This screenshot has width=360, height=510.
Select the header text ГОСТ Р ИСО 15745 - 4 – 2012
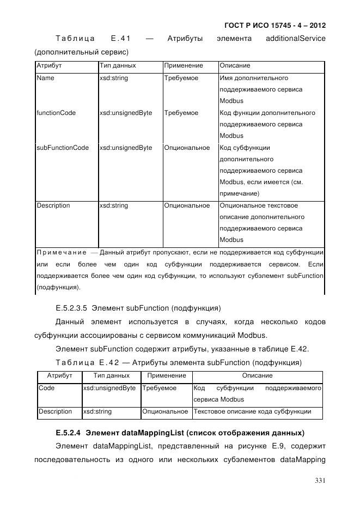[x=275, y=26]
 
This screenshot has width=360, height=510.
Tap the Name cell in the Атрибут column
[x=45, y=78]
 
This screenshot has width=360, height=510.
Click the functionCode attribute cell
[x=56, y=113]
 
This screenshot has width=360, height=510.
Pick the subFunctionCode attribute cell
[x=63, y=148]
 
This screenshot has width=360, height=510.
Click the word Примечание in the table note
[x=61, y=252]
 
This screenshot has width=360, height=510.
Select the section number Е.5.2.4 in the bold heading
[x=68, y=434]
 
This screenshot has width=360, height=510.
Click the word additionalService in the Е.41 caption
[x=295, y=39]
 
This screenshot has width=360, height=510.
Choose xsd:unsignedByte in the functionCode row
[x=126, y=113]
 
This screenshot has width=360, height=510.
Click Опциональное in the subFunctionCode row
[x=187, y=148]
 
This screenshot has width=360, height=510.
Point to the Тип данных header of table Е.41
[x=118, y=65]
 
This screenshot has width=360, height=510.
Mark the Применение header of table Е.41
[x=184, y=65]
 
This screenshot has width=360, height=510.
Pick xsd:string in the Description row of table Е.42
[x=97, y=411]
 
